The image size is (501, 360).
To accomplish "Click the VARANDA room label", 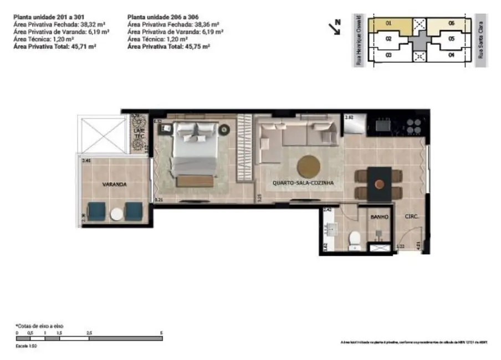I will coord(114,183).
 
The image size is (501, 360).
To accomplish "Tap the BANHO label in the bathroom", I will coord(379,218).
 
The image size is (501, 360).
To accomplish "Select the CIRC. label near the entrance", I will coord(411,217).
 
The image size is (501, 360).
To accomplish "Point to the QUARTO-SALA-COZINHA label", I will coord(303,182).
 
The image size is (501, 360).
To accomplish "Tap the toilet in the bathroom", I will coord(355,238).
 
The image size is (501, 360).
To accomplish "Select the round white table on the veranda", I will coord(117,214).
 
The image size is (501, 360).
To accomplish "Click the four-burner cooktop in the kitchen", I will coord(414,126).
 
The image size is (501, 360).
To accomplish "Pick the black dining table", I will coord(379,183).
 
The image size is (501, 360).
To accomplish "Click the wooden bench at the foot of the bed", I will coord(195,181).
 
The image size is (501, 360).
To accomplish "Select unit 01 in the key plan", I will coord(389,24).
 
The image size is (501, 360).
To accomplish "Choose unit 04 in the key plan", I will coord(451,55).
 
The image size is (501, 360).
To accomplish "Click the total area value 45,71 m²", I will coord(83,49).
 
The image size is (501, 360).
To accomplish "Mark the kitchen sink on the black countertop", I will coord(382,125).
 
